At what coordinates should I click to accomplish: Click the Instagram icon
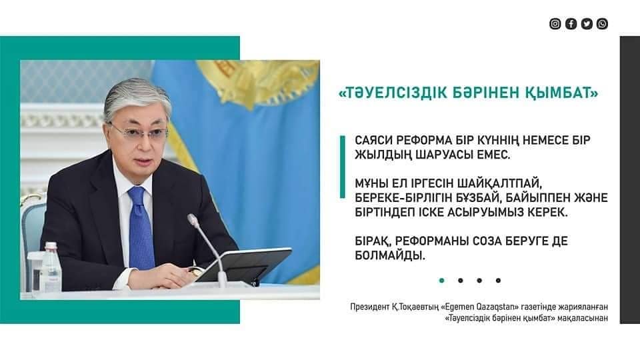(x=555, y=24)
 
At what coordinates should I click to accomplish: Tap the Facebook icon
(x=571, y=24)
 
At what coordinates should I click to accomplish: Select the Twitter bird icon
(x=587, y=24)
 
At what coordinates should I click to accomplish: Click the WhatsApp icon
(x=603, y=24)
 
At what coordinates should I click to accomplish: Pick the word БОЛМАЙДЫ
(x=390, y=256)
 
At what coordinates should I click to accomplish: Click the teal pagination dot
(x=441, y=281)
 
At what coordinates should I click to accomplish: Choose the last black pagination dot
(x=498, y=281)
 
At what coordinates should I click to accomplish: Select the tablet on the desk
(x=243, y=264)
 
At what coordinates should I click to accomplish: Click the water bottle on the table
(x=51, y=267)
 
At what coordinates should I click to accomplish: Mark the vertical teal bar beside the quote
(x=343, y=167)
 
